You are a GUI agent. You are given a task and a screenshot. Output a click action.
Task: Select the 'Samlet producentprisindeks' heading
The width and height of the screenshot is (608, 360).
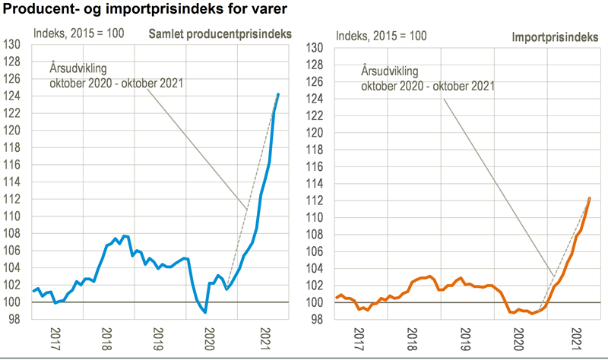[221, 34]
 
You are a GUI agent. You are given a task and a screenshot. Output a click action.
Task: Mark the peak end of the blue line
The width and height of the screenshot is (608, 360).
[278, 94]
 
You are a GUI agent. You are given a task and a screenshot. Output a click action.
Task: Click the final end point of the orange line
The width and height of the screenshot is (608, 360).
[589, 198]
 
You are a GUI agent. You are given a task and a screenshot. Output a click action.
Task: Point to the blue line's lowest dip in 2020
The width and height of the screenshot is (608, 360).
[205, 312]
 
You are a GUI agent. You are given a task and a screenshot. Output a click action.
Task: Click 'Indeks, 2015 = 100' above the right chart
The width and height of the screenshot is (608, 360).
[382, 36]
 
